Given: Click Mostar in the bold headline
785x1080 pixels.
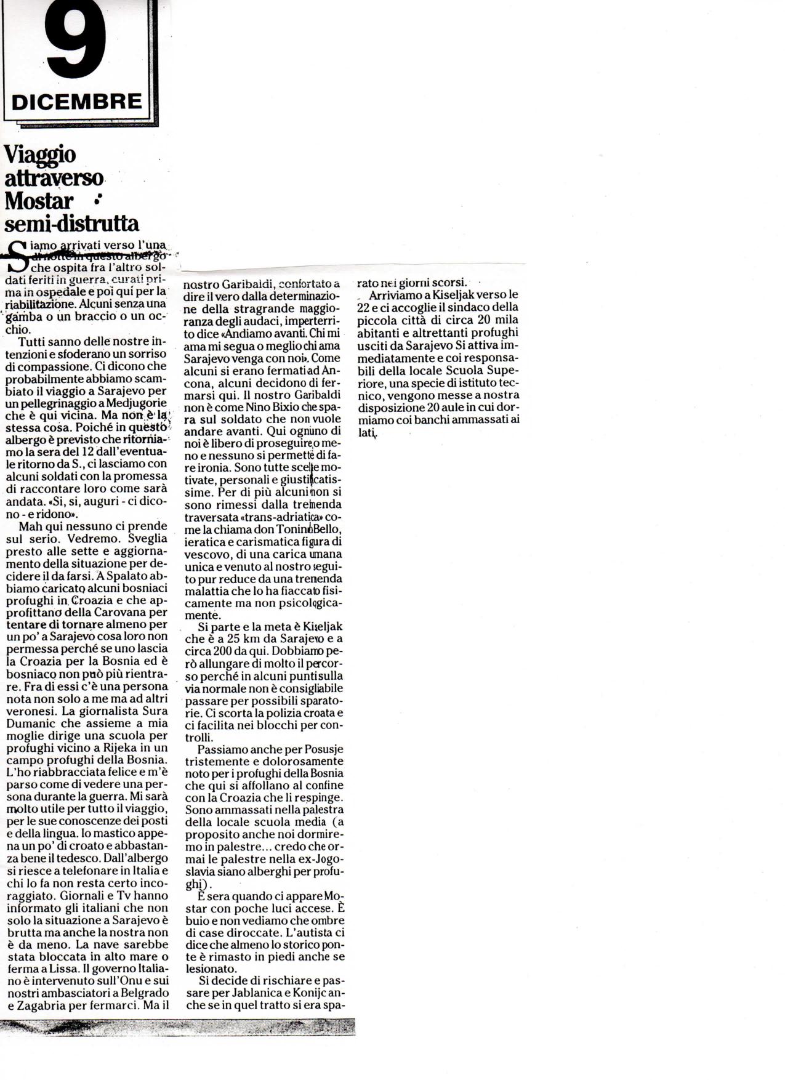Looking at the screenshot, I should (39, 201).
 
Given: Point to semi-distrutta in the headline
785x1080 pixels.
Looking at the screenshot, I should (71, 222).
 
